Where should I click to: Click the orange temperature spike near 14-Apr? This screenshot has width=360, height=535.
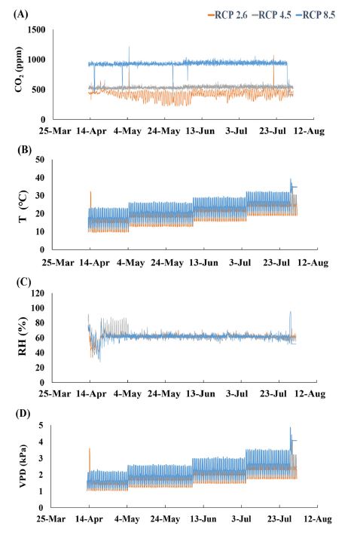pos(91,197)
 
